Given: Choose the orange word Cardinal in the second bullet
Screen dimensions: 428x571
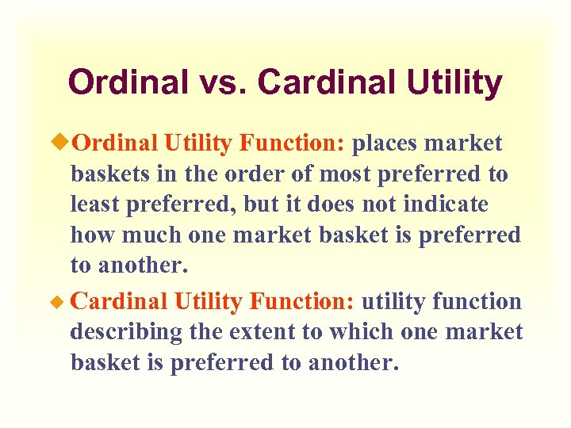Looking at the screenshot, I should coord(119,302).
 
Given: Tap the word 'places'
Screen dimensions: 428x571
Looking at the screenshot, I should coord(385,143).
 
